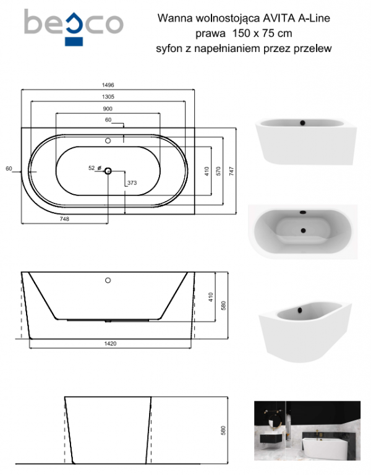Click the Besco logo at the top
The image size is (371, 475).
74,27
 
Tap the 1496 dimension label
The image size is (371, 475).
108,85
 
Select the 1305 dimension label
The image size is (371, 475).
108,97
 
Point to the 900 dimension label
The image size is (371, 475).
108,109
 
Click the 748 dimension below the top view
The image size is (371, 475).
64,219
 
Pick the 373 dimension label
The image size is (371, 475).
132,183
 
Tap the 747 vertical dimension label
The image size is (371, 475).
232,171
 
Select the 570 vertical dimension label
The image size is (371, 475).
218,171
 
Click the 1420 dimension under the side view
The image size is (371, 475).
110,343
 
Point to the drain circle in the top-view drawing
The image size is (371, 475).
108,171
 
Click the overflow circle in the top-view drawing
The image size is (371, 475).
108,141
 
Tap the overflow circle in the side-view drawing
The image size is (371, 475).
108,281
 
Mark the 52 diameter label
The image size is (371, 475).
92,168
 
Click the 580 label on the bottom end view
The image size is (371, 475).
223,430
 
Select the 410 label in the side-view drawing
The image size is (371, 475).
211,297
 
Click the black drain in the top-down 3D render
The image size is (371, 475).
303,231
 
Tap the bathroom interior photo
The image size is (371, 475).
307,430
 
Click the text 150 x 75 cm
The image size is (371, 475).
262,33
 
